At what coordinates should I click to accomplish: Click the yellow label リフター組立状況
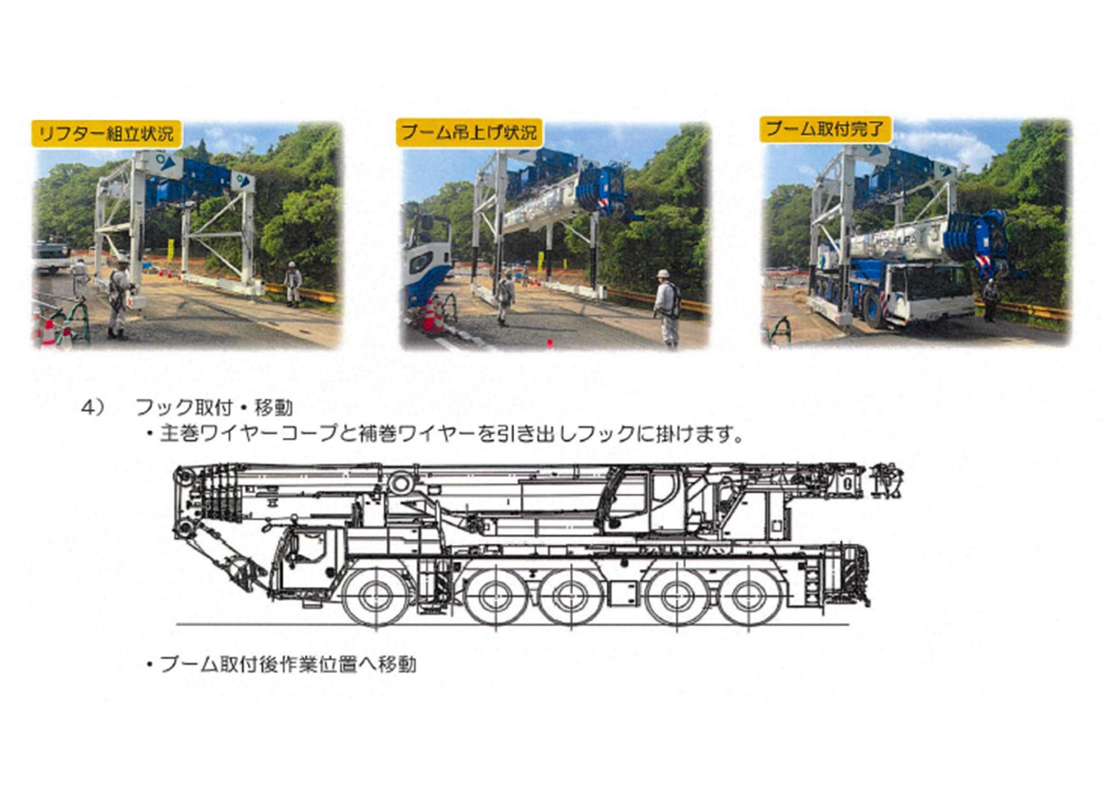coord(106,134)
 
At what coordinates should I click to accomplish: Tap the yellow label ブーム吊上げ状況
coord(469,133)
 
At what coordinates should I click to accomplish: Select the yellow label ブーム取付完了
coord(825,129)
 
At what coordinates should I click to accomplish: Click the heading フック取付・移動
coord(214,408)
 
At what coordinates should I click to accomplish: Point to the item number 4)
coord(93,408)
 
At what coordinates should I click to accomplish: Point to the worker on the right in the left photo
coord(292,283)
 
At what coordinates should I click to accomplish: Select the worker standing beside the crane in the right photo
coord(990,300)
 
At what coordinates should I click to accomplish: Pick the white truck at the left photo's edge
coord(51,256)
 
